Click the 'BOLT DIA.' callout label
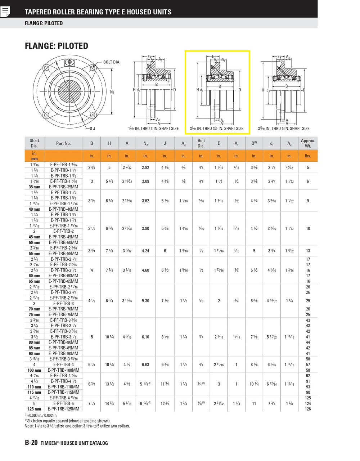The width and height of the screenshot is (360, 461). click(x=112, y=62)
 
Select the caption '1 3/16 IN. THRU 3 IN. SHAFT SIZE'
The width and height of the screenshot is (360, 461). click(x=153, y=129)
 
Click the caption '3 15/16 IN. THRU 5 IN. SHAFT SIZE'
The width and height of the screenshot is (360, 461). click(x=283, y=129)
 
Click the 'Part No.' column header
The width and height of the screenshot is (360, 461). click(x=63, y=143)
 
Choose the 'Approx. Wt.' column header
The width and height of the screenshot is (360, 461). click(x=308, y=143)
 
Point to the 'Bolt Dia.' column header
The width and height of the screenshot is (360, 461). click(x=201, y=143)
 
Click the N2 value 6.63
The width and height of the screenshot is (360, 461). click(x=145, y=365)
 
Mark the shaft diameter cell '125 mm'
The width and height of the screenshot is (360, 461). click(x=35, y=409)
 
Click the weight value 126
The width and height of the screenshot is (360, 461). click(x=308, y=409)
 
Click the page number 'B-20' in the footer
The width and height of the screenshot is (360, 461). click(x=31, y=443)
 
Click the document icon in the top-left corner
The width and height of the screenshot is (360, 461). click(x=5, y=12)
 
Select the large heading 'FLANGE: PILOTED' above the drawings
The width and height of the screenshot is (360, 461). click(x=57, y=46)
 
